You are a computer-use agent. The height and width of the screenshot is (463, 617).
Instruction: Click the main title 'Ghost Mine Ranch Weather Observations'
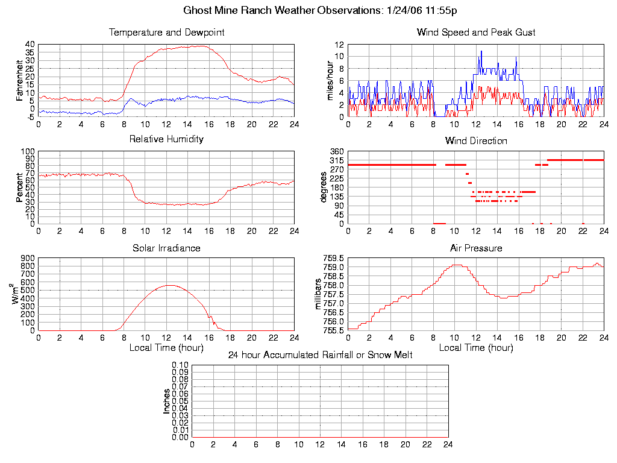click(308, 11)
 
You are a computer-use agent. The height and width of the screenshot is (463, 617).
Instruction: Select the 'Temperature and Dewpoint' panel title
click(166, 32)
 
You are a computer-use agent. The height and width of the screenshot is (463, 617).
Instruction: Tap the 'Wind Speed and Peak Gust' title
click(476, 32)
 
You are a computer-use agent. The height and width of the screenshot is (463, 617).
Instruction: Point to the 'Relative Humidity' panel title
click(166, 139)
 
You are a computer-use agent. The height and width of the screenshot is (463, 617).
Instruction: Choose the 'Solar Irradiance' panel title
click(166, 248)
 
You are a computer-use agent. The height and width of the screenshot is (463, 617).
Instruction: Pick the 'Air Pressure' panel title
click(476, 248)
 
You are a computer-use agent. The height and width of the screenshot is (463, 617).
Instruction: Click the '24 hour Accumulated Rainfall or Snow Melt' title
click(320, 355)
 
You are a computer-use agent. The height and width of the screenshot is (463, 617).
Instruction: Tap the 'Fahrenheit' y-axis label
click(20, 80)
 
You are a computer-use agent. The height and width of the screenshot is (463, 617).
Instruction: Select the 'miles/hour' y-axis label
click(330, 80)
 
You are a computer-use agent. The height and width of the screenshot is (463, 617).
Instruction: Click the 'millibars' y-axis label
click(319, 294)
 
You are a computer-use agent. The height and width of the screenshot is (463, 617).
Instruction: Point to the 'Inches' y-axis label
click(167, 401)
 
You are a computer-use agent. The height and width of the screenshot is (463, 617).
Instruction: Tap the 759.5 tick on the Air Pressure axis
click(335, 258)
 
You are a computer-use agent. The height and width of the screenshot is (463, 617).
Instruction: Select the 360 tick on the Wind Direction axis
click(337, 151)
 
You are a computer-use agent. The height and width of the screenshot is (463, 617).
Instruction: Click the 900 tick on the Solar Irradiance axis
click(27, 258)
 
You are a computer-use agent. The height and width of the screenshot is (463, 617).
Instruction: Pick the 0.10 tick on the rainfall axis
click(180, 365)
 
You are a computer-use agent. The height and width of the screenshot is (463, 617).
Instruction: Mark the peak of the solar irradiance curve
click(170, 285)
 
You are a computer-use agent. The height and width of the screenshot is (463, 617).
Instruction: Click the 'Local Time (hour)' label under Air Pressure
click(476, 348)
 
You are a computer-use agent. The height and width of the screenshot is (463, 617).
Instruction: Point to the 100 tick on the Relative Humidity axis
click(27, 151)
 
